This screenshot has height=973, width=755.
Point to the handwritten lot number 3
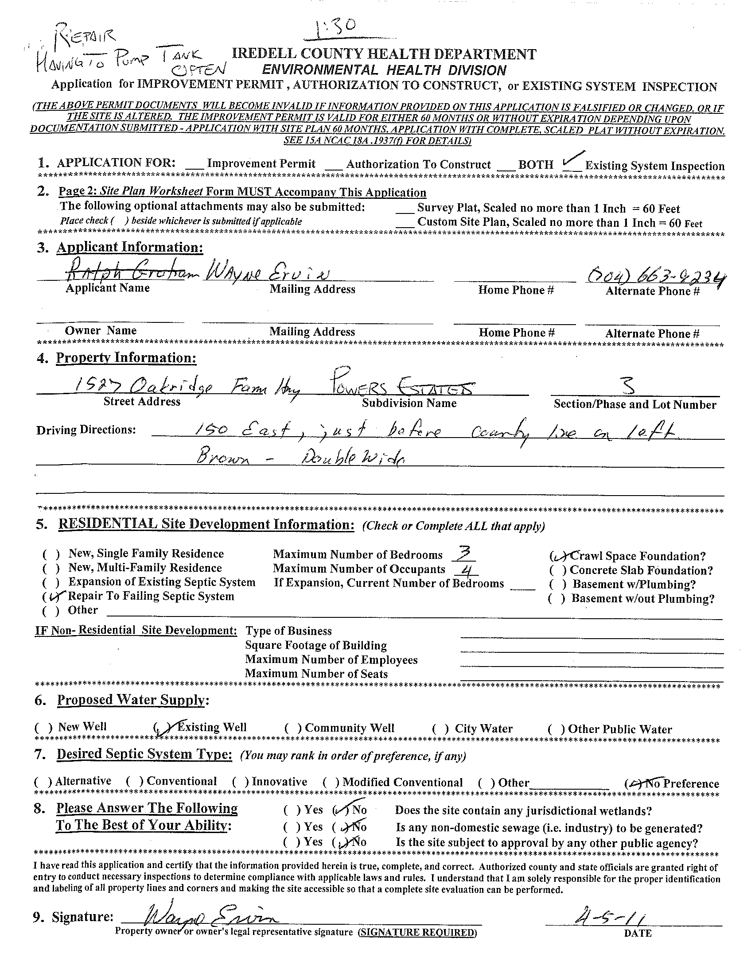[x=629, y=385]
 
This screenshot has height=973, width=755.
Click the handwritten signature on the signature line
[x=210, y=917]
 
